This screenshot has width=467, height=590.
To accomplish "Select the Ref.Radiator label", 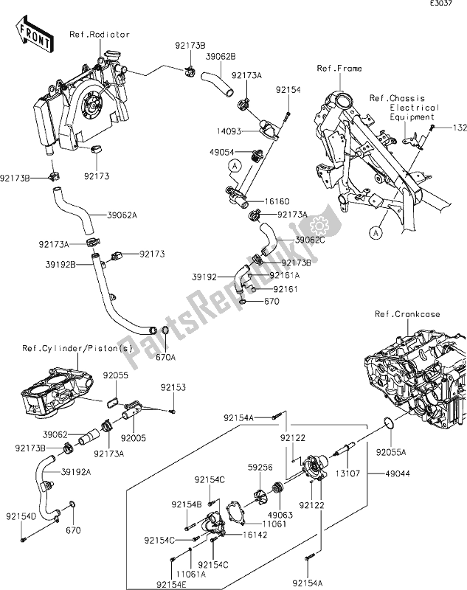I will pos(100,34).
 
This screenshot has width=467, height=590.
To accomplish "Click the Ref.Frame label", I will pos(339,69).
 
